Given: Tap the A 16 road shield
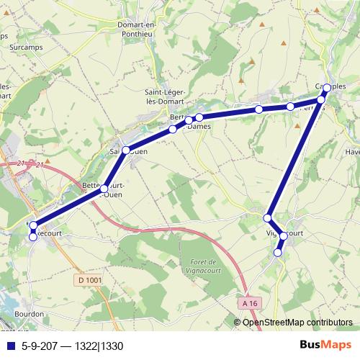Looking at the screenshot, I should pyautogui.click(x=250, y=304).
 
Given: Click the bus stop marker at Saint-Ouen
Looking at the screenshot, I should pyautogui.click(x=125, y=150).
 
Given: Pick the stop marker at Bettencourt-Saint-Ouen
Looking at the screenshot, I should pyautogui.click(x=104, y=188).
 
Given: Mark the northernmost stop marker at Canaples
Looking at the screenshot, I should pyautogui.click(x=326, y=88).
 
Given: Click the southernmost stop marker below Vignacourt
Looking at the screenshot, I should pyautogui.click(x=278, y=252).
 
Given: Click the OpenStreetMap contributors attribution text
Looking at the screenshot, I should pyautogui.click(x=297, y=323).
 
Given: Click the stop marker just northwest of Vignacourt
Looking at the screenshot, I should pyautogui.click(x=267, y=217).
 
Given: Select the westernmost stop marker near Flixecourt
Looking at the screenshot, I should pyautogui.click(x=32, y=225).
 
